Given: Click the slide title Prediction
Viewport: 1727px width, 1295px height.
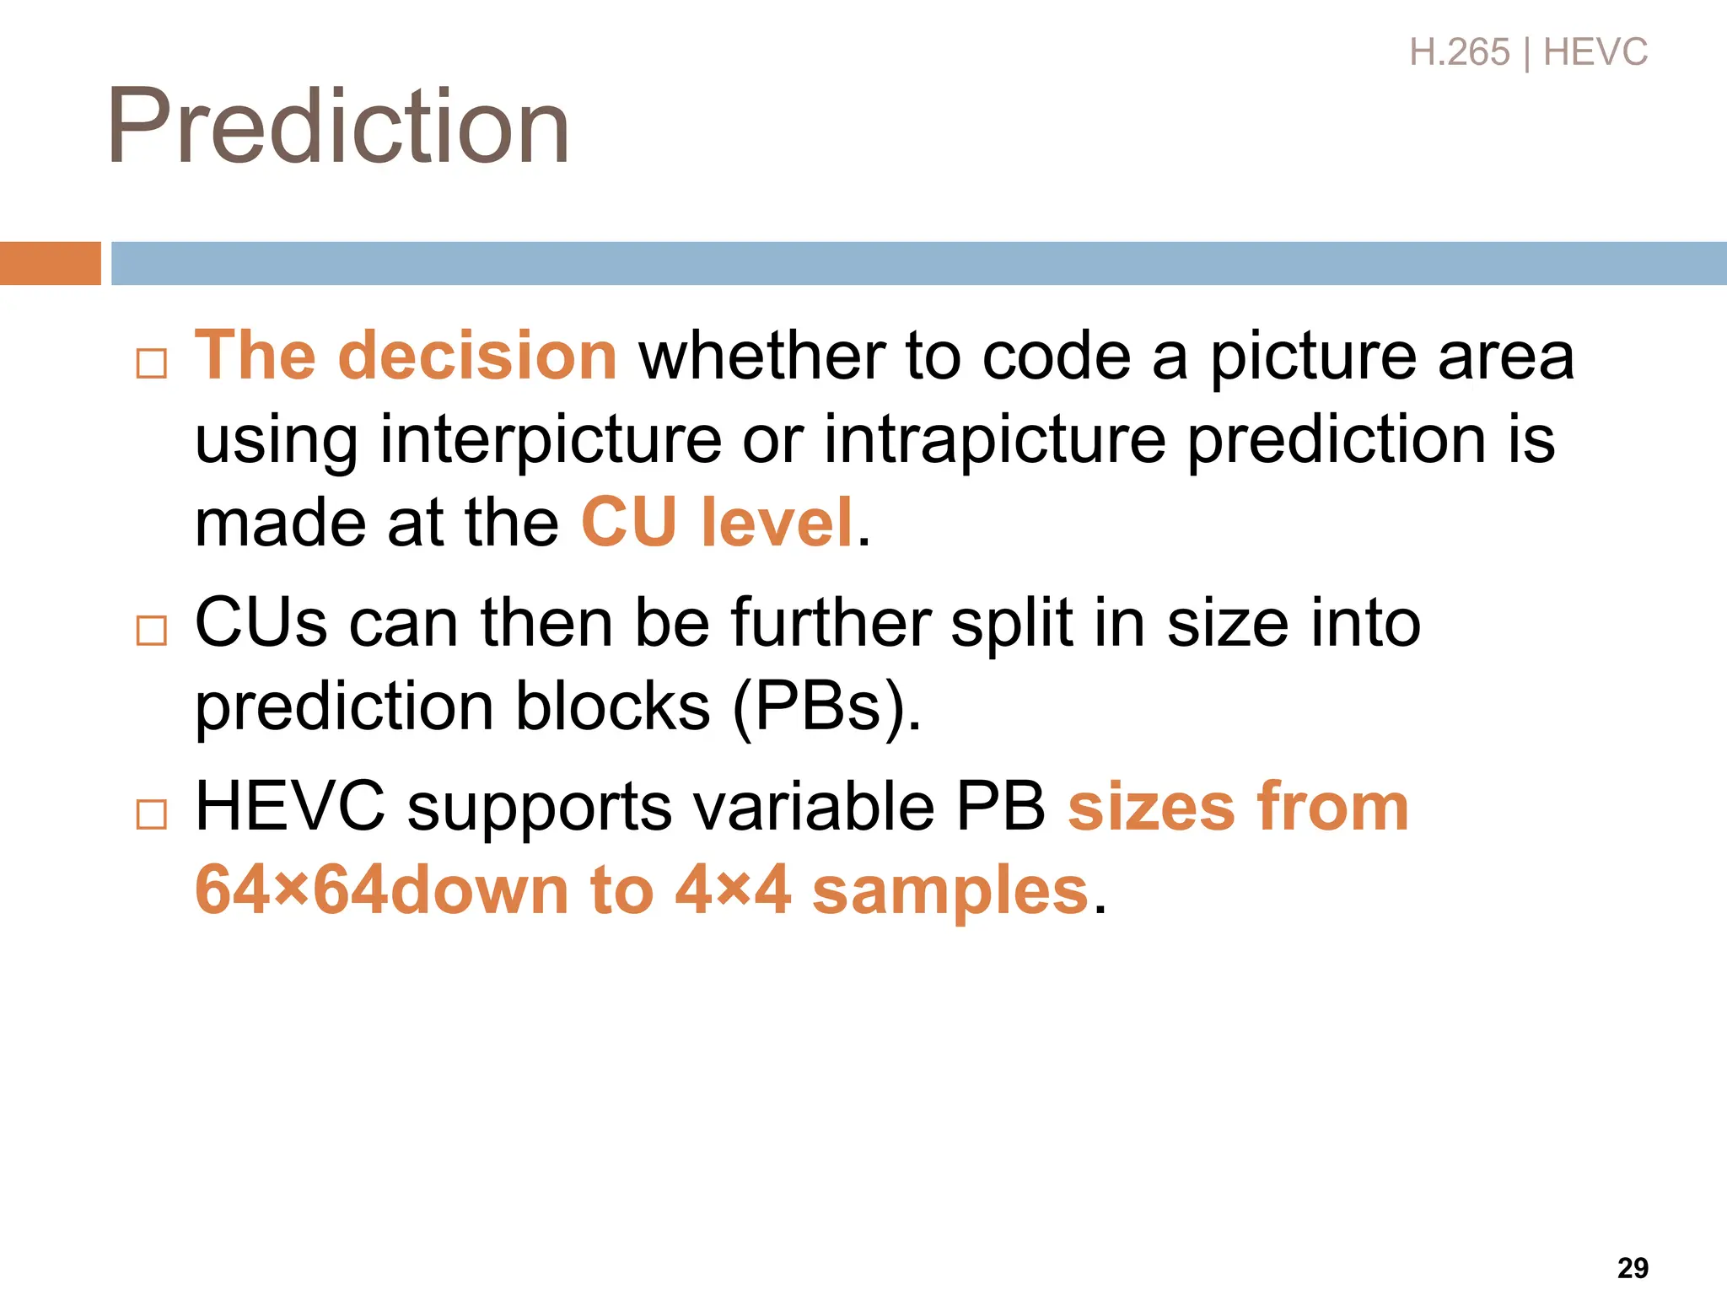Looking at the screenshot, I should pos(337,126).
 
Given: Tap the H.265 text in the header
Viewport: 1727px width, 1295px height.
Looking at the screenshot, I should pos(1459,52).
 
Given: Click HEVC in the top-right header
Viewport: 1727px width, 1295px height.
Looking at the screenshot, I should pos(1595,52).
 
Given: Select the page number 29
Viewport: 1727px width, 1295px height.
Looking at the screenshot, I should pos(1633,1267).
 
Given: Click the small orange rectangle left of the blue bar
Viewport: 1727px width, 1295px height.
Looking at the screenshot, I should pos(50,263).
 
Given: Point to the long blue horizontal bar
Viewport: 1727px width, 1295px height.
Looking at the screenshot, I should pos(919,263).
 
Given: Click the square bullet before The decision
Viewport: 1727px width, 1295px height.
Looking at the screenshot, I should pos(152,363).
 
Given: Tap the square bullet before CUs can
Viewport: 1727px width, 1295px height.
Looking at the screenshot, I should pos(152,630).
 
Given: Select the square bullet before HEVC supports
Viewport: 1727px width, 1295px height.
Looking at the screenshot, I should pos(152,814).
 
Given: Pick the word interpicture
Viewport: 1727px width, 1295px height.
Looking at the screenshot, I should pos(551,440).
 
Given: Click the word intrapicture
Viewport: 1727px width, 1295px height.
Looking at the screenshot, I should pos(995,440).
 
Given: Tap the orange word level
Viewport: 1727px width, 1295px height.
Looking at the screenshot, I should pos(777,523).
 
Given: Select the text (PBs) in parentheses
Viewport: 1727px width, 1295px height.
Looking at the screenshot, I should pos(827,707).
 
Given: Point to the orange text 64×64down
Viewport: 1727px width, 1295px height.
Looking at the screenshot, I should pos(381,890).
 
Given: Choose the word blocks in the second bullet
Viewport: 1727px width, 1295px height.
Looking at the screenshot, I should pos(612,707).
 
